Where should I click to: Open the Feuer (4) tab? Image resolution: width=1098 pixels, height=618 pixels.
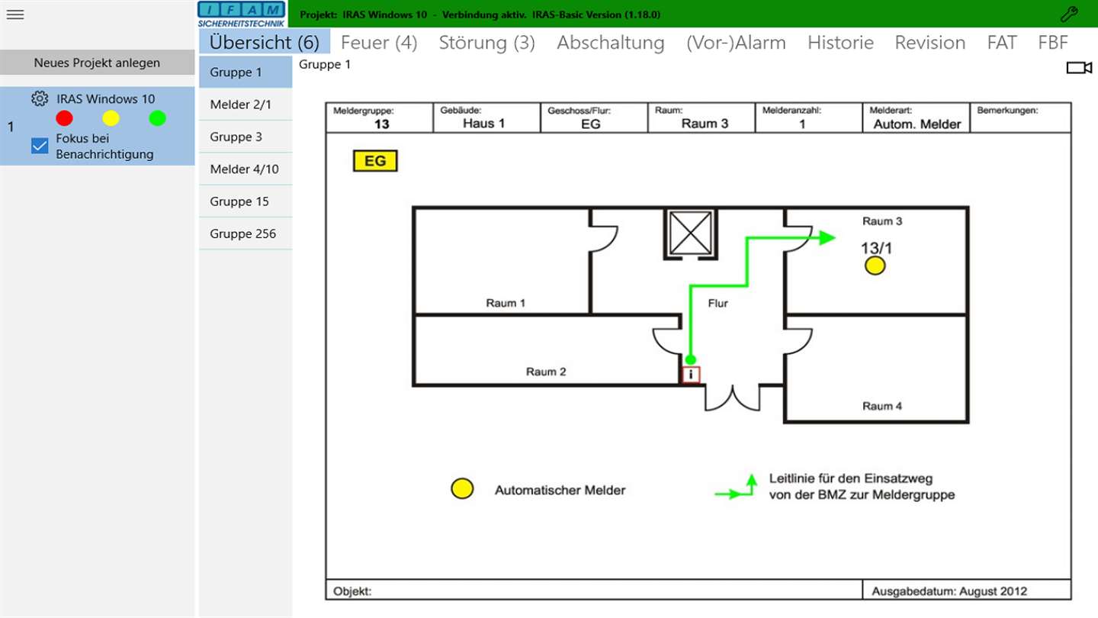pyautogui.click(x=379, y=42)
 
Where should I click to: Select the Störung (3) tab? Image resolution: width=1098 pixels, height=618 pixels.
pyautogui.click(x=486, y=42)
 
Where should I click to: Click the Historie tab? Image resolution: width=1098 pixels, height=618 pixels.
pyautogui.click(x=840, y=42)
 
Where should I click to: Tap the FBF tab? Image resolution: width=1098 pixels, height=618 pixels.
pyautogui.click(x=1053, y=42)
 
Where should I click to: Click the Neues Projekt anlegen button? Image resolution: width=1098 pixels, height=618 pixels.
pyautogui.click(x=97, y=63)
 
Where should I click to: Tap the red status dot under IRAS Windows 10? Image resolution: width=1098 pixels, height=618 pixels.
pyautogui.click(x=64, y=118)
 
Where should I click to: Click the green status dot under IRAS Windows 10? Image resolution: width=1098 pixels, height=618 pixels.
pyautogui.click(x=157, y=118)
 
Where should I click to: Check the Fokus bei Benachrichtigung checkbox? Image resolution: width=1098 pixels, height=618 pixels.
pyautogui.click(x=40, y=146)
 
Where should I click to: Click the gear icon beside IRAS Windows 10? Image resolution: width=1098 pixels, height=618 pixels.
pyautogui.click(x=40, y=98)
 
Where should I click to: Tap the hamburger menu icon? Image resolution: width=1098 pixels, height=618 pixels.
pyautogui.click(x=15, y=14)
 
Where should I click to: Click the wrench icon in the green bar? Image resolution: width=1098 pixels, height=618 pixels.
pyautogui.click(x=1069, y=14)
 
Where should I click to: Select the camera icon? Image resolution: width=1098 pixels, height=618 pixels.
pyautogui.click(x=1080, y=67)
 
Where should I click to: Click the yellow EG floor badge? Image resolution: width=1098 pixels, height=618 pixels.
pyautogui.click(x=375, y=161)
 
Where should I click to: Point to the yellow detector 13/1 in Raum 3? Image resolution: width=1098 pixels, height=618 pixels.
pyautogui.click(x=875, y=266)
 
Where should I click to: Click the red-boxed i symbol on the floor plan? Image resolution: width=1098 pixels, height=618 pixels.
pyautogui.click(x=691, y=375)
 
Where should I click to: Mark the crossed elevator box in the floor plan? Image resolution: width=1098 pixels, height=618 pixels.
pyautogui.click(x=691, y=233)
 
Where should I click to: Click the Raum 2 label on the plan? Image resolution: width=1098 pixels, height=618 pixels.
pyautogui.click(x=546, y=372)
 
